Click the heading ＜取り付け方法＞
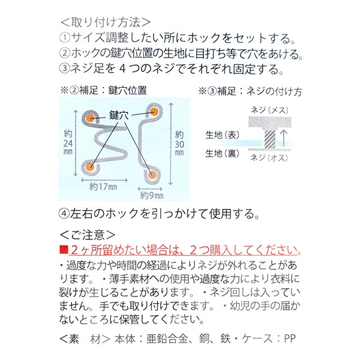click(105, 22)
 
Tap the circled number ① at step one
click(65, 38)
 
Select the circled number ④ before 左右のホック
click(64, 214)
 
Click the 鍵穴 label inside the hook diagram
click(119, 115)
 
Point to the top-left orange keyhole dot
click(90, 118)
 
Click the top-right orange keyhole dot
click(154, 112)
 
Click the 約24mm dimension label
click(68, 143)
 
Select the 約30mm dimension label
click(179, 143)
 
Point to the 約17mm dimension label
click(103, 187)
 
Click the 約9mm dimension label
click(152, 196)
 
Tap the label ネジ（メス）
click(269, 110)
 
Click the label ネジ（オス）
click(269, 158)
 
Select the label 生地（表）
click(223, 135)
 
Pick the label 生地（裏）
click(223, 154)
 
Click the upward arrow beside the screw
click(284, 138)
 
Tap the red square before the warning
click(64, 250)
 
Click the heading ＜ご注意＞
click(88, 235)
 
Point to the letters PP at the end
click(290, 338)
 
